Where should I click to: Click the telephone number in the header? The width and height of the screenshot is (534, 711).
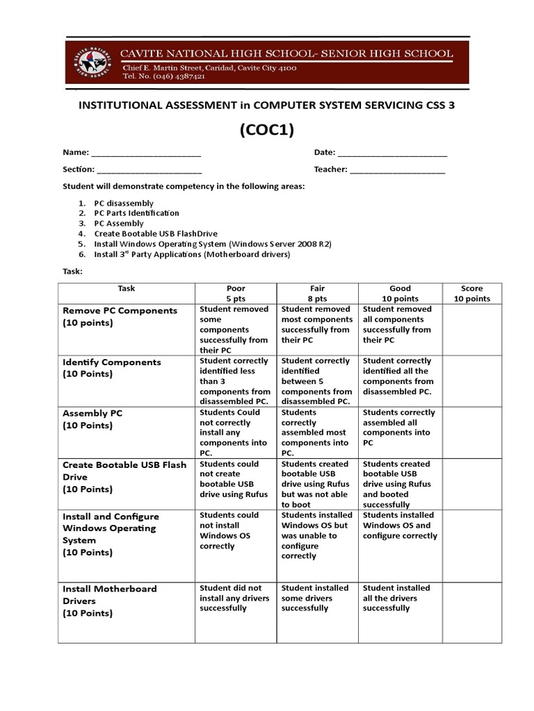(164, 77)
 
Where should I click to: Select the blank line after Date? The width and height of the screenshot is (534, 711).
(392, 153)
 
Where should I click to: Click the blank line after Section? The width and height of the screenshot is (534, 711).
(149, 170)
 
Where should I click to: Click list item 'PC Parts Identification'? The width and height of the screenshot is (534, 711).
(137, 213)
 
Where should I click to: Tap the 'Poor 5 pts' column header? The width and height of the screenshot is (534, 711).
(236, 293)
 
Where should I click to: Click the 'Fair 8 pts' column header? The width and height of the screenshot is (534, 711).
(318, 293)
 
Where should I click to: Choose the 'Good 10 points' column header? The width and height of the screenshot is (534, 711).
(400, 293)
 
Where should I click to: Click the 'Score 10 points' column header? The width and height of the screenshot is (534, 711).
(471, 293)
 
